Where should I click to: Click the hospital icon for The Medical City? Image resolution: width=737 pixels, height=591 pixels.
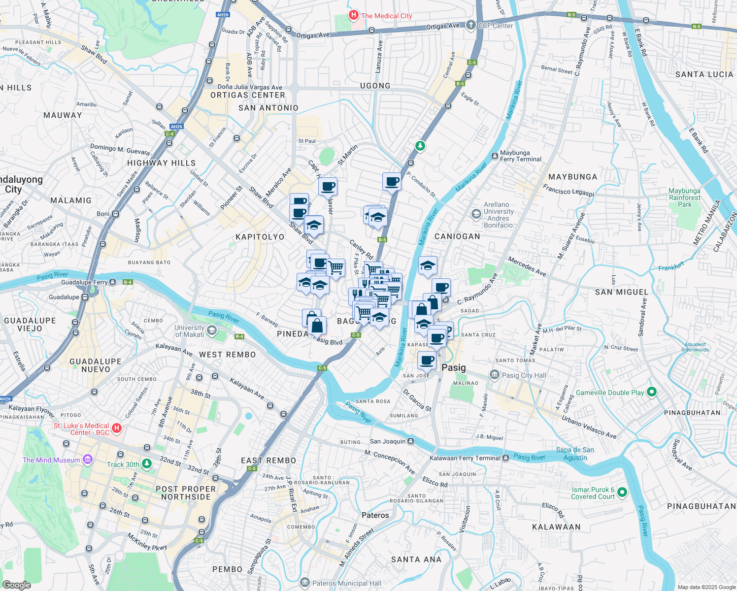click(x=353, y=15)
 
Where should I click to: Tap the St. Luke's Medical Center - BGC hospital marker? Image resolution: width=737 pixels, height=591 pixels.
click(x=117, y=428)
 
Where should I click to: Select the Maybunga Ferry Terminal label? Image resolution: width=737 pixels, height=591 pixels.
click(x=520, y=156)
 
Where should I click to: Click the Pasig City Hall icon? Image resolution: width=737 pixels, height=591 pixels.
click(x=494, y=375)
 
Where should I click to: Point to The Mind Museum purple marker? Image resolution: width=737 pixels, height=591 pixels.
click(x=88, y=460)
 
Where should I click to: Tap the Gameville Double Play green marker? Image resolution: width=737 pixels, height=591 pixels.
click(x=652, y=393)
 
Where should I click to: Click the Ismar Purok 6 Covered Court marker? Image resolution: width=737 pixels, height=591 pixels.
click(x=622, y=492)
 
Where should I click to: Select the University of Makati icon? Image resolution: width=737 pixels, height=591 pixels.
click(x=212, y=330)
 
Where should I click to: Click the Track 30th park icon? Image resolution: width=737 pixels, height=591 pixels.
click(x=147, y=464)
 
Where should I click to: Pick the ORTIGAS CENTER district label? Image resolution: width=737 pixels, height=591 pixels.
click(x=248, y=95)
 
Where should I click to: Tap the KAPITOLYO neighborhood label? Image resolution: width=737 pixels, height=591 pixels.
click(x=260, y=237)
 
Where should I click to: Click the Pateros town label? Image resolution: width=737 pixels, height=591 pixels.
click(x=375, y=515)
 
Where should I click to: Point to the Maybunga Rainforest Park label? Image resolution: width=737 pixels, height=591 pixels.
click(x=684, y=197)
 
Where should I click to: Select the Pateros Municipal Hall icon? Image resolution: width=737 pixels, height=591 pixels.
click(x=305, y=583)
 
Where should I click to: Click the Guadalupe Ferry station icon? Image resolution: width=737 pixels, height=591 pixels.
click(x=113, y=282)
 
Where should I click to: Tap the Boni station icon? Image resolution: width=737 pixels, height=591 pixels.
click(x=115, y=214)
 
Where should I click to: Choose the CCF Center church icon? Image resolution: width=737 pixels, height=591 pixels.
click(x=471, y=25)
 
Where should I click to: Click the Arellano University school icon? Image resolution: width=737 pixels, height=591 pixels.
click(x=476, y=214)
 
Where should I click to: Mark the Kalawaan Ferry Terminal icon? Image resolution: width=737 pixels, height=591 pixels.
click(x=505, y=458)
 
